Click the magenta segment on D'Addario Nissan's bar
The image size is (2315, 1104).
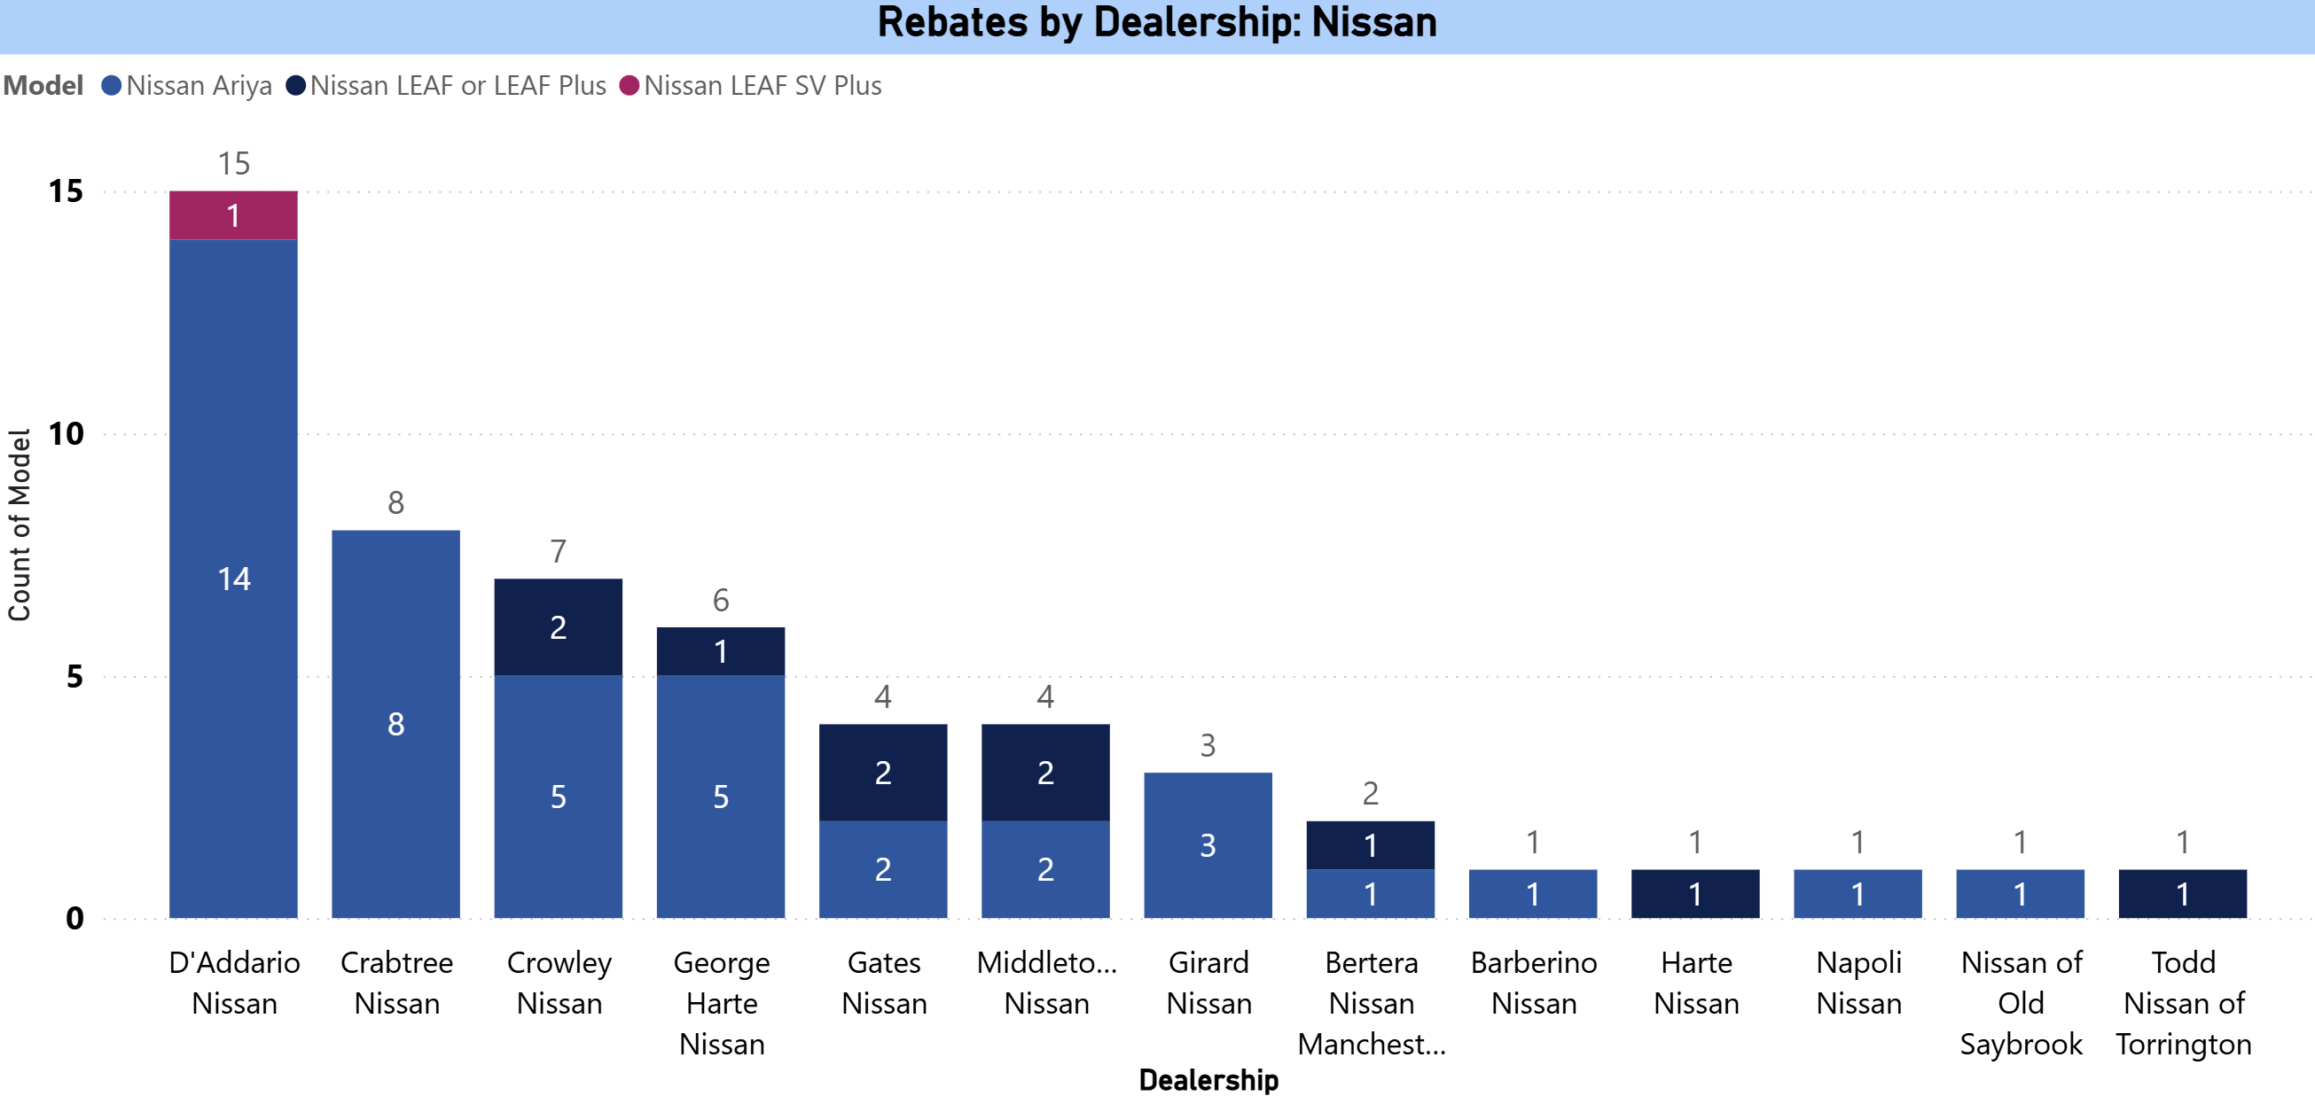coord(234,215)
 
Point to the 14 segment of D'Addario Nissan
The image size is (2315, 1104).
coord(234,579)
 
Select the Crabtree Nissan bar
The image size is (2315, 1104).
coord(395,723)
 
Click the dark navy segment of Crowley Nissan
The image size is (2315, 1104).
coord(558,627)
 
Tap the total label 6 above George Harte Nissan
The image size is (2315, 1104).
coord(721,600)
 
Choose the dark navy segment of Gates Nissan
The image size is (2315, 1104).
coord(882,773)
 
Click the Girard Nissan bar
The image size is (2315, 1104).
coord(1208,844)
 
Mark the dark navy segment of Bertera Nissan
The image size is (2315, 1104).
coord(1370,845)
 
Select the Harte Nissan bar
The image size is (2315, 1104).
coord(1695,894)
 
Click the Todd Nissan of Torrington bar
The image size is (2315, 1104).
coord(2182,894)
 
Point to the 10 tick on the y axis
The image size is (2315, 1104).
coord(66,434)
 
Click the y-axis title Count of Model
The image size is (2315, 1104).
coord(20,525)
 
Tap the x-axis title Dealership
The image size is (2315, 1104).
coord(1208,1080)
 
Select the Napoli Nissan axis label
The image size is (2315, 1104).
coord(1858,983)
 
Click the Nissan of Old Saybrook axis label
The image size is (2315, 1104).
coord(2021,1002)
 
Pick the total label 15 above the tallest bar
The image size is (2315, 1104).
coord(234,164)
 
